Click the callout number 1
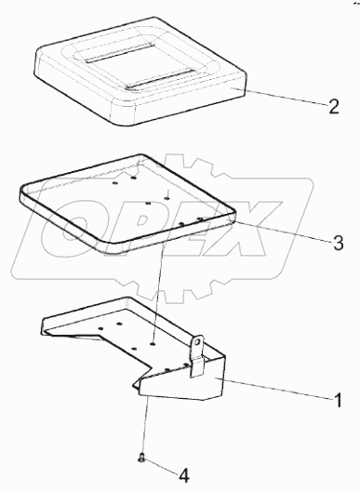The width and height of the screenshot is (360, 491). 337,401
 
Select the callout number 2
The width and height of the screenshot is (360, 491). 334,106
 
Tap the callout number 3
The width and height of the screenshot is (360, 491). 339,243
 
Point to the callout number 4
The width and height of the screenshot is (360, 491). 184,476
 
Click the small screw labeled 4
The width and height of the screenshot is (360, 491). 141,458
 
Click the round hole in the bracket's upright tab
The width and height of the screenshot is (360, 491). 197,342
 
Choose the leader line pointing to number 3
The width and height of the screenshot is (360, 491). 283,231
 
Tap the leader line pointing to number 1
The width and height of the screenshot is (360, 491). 274,388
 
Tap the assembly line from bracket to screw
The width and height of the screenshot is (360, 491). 144,425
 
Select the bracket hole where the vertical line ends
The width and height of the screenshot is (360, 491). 153,344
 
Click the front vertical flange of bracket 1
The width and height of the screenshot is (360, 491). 181,382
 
